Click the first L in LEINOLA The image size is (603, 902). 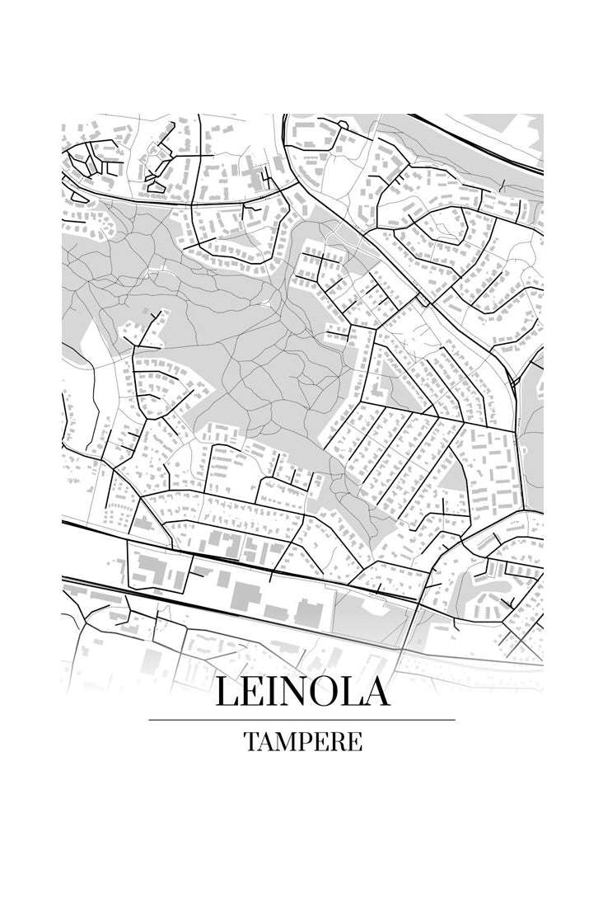pos(228,692)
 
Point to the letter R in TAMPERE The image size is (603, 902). pos(339,742)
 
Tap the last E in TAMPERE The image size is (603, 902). pos(354,742)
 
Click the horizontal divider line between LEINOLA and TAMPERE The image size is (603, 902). pos(301,720)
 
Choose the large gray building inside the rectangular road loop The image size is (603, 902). pos(149,570)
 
